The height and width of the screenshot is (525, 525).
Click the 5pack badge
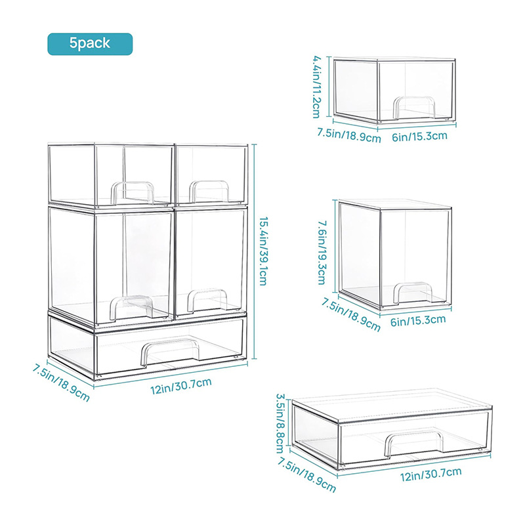(x=90, y=43)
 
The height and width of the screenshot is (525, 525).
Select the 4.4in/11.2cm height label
(x=316, y=84)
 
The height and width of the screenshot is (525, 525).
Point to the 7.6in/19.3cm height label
(x=322, y=251)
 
